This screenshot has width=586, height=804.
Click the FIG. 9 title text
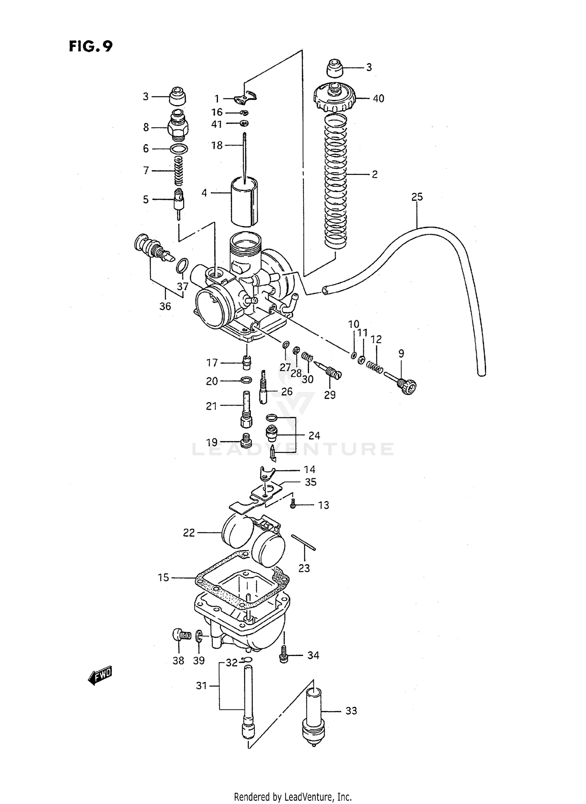[91, 46]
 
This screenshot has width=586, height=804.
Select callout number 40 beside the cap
[378, 98]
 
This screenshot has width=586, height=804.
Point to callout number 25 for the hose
[417, 197]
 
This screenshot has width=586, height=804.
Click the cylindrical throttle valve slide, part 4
[245, 202]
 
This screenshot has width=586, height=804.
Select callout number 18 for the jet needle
[216, 145]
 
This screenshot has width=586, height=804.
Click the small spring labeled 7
[179, 171]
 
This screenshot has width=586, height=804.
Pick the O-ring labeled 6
[179, 149]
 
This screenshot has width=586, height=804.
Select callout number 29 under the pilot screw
[330, 395]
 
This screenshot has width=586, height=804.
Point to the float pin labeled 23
[303, 543]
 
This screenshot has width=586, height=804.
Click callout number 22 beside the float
[189, 533]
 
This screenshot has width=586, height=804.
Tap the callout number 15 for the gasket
[163, 577]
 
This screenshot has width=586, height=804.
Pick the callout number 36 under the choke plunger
[165, 306]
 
